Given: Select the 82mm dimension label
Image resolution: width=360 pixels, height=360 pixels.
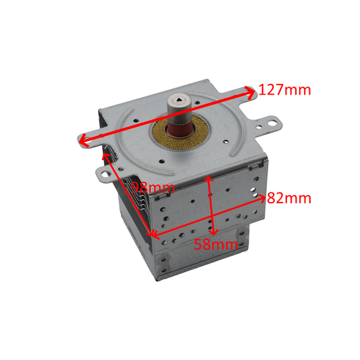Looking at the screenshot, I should pos(288,199).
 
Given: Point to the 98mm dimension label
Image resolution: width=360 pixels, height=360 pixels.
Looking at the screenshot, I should pos(152,187).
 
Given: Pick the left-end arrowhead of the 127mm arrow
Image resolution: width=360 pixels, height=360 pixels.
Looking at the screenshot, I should pos(80,140).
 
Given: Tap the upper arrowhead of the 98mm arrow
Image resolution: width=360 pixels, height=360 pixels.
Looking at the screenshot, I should pos(105,156).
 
